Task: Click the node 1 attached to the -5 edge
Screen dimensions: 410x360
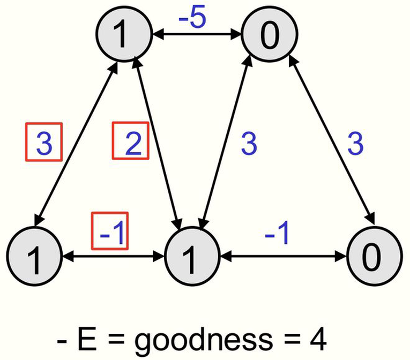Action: [x=124, y=34]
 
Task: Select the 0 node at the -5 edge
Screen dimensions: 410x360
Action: [x=270, y=34]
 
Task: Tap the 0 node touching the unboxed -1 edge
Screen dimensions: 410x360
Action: [x=374, y=257]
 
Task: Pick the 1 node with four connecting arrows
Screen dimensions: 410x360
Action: [x=192, y=257]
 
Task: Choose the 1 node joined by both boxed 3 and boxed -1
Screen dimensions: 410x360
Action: [x=34, y=257]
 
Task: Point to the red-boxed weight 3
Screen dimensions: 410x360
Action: [x=44, y=142]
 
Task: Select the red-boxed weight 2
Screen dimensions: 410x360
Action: [x=131, y=141]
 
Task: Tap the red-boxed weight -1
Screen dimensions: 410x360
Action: [x=110, y=231]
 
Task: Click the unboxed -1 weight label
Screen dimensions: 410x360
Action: [x=277, y=233]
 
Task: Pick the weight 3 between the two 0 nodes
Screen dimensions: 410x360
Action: [x=356, y=143]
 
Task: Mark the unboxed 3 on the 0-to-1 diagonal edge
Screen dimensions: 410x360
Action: [x=249, y=143]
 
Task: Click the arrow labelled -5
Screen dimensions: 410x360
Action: [x=197, y=34]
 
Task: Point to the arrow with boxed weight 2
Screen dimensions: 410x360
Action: [x=158, y=142]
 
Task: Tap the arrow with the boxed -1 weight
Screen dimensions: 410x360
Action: [x=113, y=257]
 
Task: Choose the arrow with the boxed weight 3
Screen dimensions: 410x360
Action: [x=76, y=143]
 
